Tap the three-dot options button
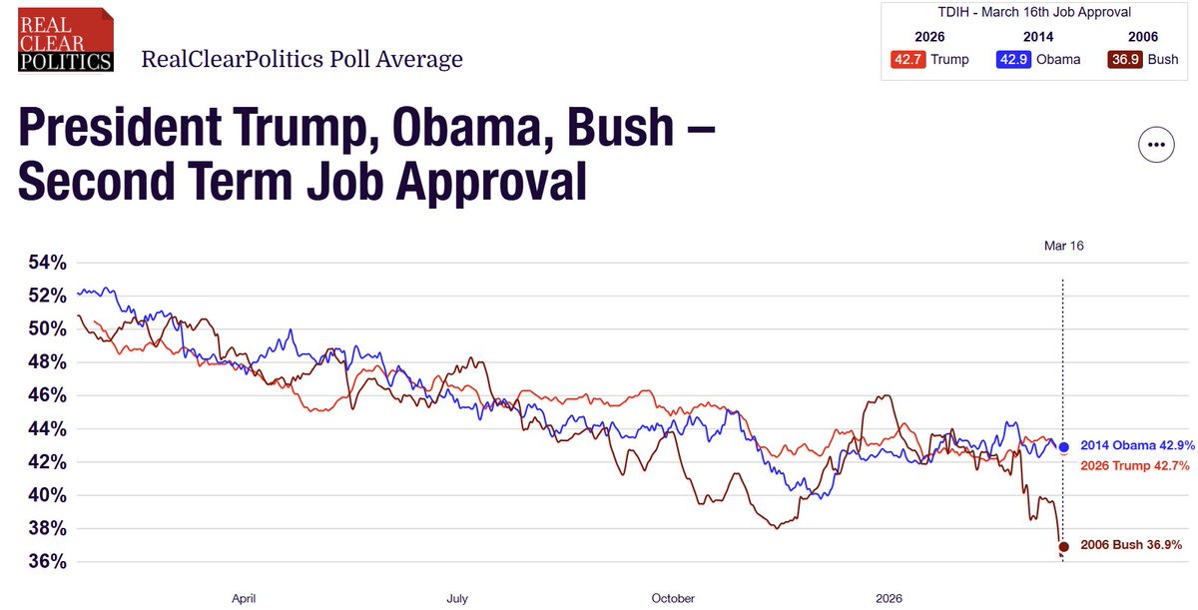click(x=1156, y=145)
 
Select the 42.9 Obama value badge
click(x=1013, y=59)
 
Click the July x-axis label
click(x=456, y=599)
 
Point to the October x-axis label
click(x=673, y=599)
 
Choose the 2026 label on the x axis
click(x=889, y=599)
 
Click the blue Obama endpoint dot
click(x=1064, y=447)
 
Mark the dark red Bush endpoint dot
click(x=1064, y=546)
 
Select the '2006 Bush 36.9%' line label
click(x=1131, y=545)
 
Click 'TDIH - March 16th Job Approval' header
click(x=1034, y=13)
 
